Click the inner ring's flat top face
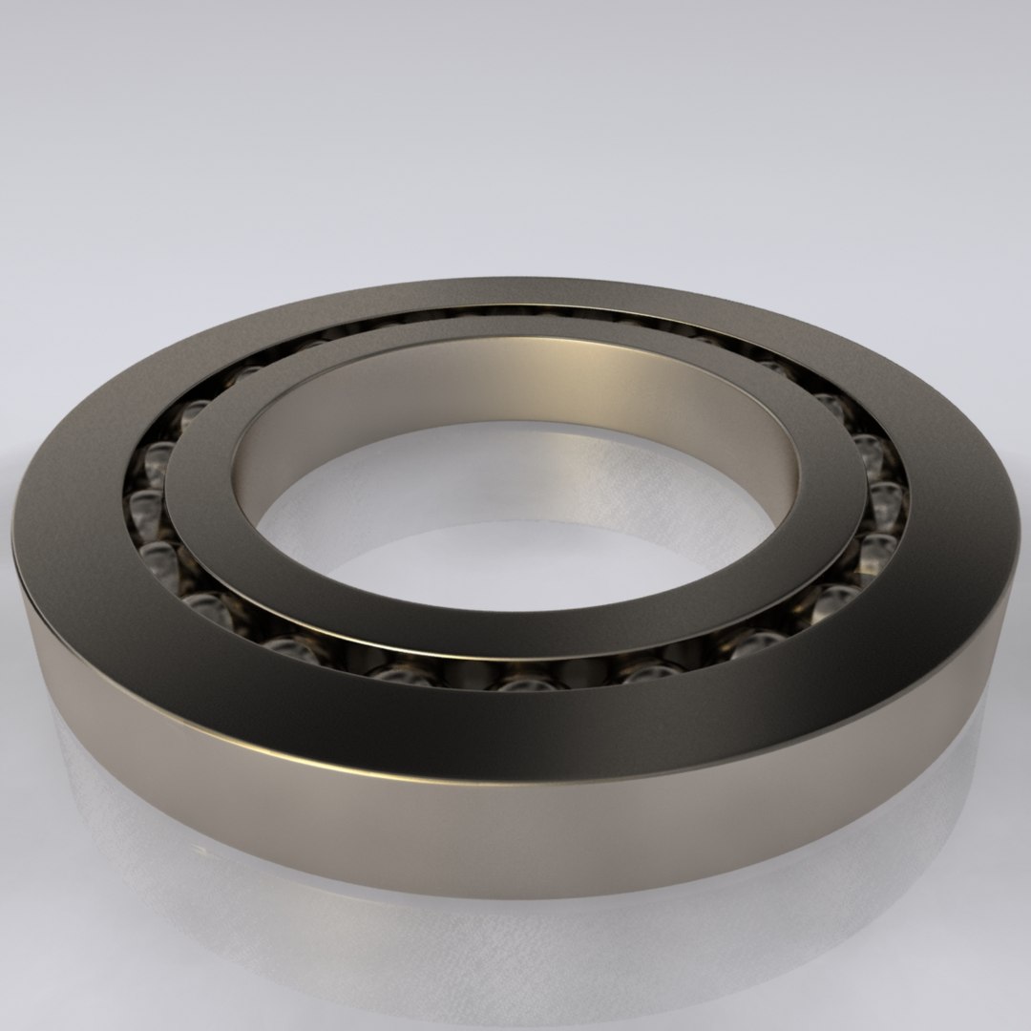(x=515, y=621)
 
